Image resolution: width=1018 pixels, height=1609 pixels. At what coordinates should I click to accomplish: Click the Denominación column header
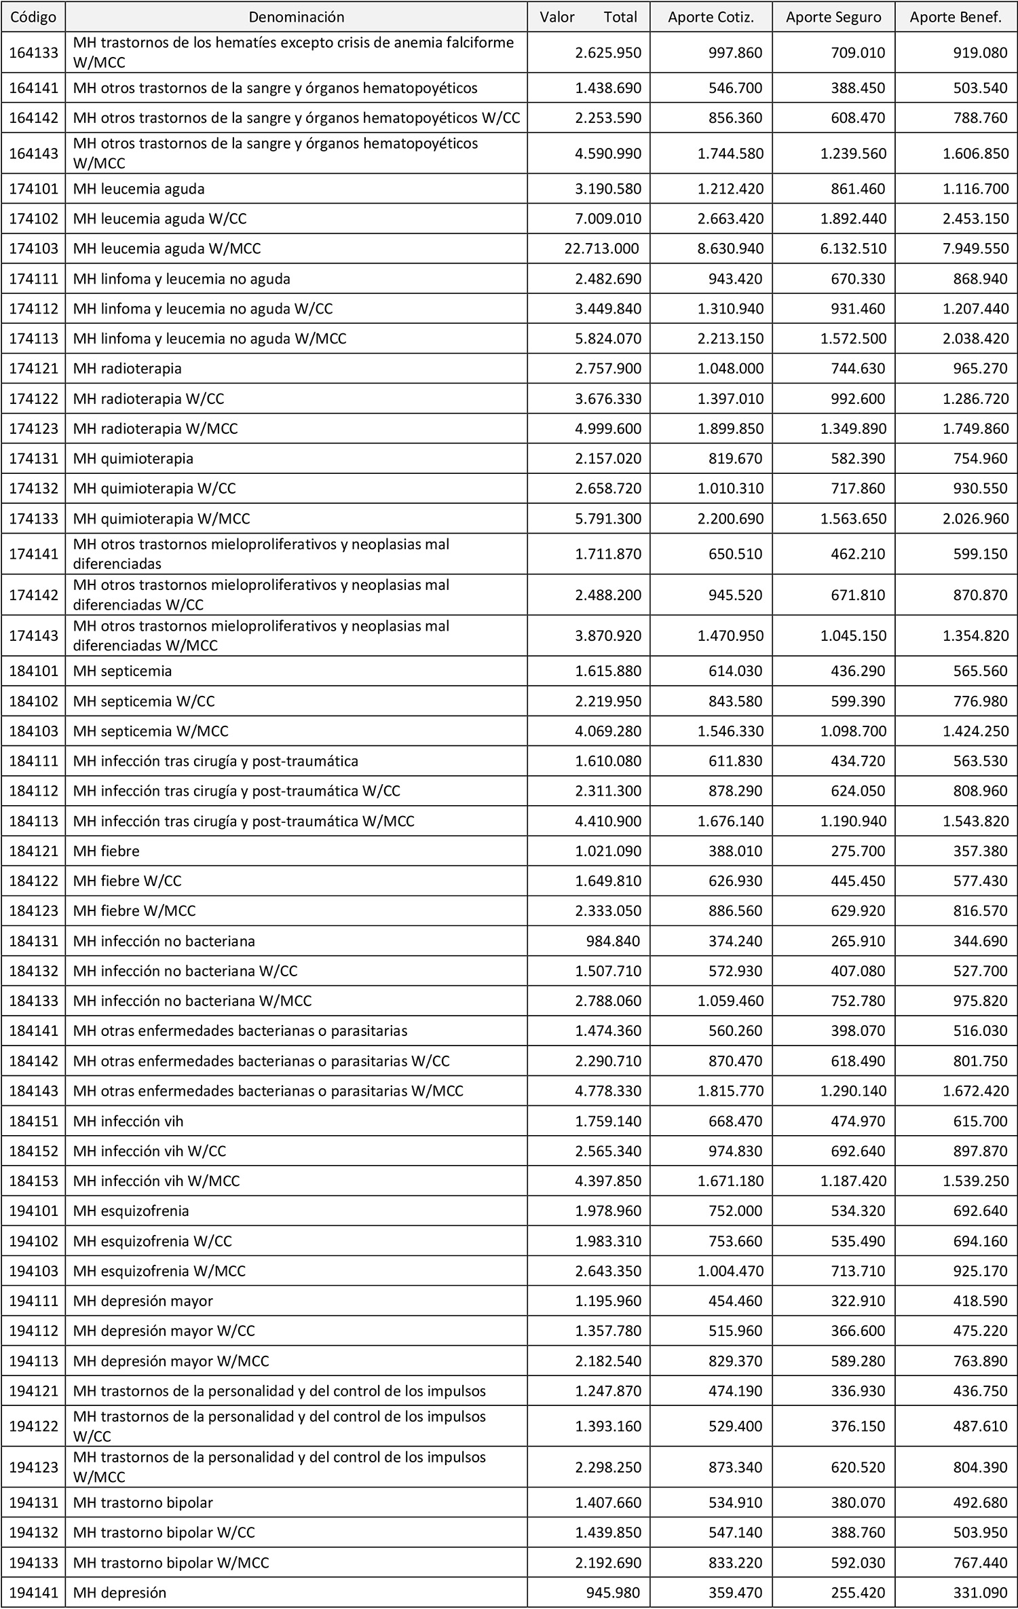tap(297, 17)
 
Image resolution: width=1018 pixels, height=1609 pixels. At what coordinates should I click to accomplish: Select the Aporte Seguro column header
tap(833, 17)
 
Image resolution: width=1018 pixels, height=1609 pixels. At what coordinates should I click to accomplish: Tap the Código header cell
tap(33, 17)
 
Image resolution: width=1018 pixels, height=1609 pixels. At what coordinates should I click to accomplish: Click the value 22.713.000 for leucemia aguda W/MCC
tap(601, 248)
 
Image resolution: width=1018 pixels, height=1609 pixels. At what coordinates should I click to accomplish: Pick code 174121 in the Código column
tap(33, 369)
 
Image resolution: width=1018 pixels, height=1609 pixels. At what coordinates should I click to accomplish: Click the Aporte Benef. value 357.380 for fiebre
tap(980, 851)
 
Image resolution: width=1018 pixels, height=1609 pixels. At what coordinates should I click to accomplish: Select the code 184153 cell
tap(33, 1181)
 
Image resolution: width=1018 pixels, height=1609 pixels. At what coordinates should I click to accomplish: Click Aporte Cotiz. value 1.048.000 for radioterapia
tap(730, 369)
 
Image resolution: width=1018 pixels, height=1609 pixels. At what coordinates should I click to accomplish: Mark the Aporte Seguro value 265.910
tap(858, 941)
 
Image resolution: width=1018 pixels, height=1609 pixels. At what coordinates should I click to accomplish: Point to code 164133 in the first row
tap(33, 52)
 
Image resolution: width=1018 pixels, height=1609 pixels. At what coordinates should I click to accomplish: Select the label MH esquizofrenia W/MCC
tap(159, 1270)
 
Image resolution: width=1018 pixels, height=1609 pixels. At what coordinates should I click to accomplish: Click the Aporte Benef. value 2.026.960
tap(975, 519)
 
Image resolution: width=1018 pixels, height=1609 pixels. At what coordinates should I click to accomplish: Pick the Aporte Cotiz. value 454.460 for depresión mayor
tap(735, 1301)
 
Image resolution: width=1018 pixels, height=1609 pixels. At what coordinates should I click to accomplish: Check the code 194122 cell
tap(33, 1426)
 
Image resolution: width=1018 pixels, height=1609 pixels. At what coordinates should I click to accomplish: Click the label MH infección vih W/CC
tap(149, 1151)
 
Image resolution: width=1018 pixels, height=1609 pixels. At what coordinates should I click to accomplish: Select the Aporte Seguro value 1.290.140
tap(853, 1091)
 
